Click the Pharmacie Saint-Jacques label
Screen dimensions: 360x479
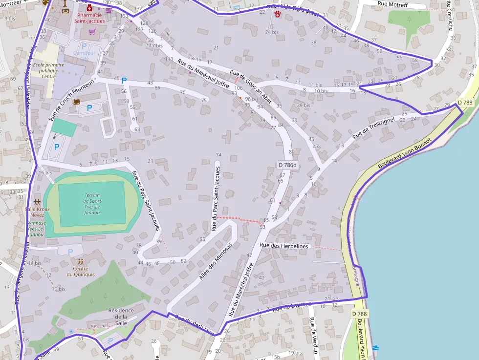[x=89, y=18]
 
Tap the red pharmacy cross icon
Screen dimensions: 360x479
[x=89, y=8]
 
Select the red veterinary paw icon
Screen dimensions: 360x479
[x=278, y=15]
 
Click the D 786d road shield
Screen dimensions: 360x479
[x=287, y=165]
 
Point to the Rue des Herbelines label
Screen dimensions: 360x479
[x=284, y=246]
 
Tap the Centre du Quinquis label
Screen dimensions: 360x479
[x=80, y=271]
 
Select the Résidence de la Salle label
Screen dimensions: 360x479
[x=117, y=317]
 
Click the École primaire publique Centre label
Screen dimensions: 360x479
[x=48, y=70]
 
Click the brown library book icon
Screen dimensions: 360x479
[x=76, y=102]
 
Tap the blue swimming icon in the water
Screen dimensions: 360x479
[x=375, y=348]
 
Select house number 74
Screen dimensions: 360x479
[x=218, y=155]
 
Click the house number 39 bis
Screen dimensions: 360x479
[x=303, y=105]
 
